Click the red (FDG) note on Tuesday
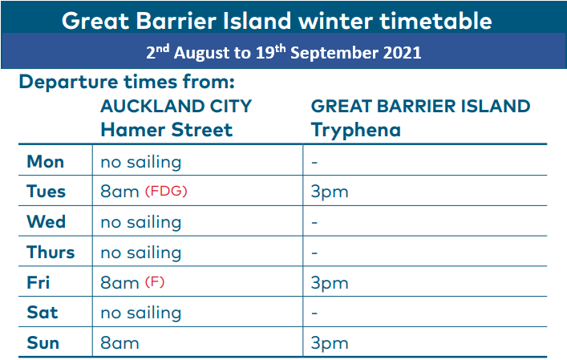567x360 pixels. pos(166,191)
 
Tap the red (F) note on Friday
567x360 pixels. pos(155,282)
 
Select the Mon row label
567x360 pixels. pos(46,162)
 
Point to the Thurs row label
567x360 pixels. pos(51,252)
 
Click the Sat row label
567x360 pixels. pos(43,312)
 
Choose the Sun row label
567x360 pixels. pos(43,342)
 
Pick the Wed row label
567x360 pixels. pos(47,221)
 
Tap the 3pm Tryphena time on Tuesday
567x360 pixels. pos(330,192)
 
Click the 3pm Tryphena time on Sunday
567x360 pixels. pos(330,344)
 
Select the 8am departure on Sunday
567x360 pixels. pos(119,343)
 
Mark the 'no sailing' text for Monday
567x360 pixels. pos(141,163)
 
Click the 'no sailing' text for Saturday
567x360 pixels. pos(141,313)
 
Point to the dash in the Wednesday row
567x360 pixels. pos(314,222)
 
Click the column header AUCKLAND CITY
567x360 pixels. pos(176,107)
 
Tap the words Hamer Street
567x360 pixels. pos(166,130)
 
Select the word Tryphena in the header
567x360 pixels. pos(356,131)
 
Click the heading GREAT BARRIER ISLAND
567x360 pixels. pos(420,107)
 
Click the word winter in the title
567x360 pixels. pos(336,21)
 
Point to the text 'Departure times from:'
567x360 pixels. pos(127,82)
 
